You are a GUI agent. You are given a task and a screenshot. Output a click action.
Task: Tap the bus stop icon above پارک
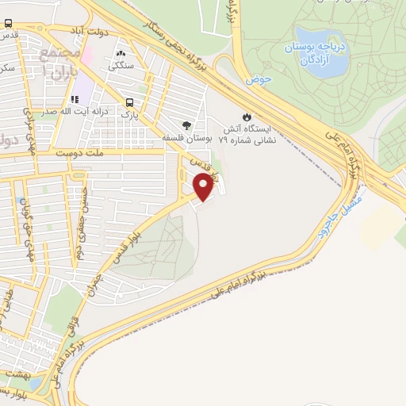coord(129,102)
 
